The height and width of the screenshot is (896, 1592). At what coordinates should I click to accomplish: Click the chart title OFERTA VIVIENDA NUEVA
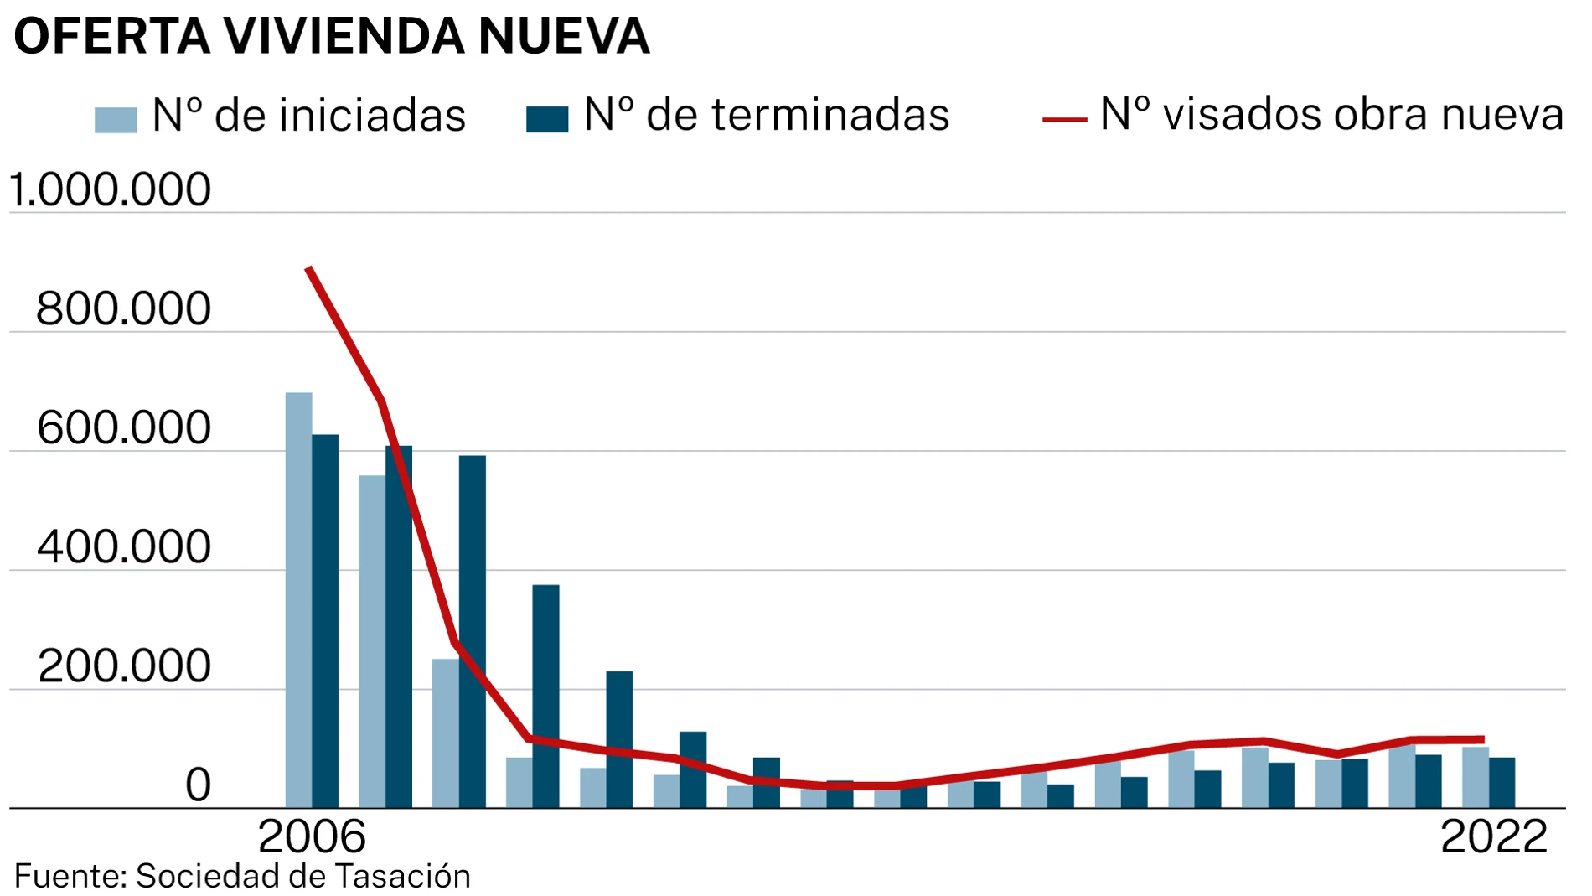[x=332, y=36]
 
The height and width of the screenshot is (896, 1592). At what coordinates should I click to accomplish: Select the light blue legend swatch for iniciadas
[x=115, y=120]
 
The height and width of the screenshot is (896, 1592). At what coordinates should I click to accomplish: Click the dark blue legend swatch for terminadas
[x=546, y=119]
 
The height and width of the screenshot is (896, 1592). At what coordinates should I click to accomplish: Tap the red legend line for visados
[x=1063, y=120]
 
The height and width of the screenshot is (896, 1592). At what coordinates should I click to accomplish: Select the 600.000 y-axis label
[x=123, y=428]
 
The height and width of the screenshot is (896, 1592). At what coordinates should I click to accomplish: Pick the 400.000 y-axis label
[x=123, y=547]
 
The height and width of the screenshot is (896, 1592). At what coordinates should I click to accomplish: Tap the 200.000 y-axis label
[x=123, y=666]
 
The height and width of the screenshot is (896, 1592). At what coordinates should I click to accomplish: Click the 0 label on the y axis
[x=198, y=785]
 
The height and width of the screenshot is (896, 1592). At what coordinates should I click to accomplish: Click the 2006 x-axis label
[x=312, y=836]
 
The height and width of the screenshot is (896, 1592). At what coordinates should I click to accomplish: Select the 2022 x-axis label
[x=1493, y=836]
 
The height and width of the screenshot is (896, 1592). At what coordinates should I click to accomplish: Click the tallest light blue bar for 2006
[x=298, y=599]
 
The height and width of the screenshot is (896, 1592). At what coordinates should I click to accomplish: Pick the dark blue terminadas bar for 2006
[x=325, y=620]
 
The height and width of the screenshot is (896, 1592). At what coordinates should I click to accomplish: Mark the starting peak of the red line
[x=309, y=269]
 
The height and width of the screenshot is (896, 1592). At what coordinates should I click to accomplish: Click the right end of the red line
[x=1481, y=739]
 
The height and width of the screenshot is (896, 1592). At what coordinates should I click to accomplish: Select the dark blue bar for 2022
[x=1502, y=782]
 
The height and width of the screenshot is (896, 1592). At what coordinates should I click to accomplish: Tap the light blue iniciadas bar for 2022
[x=1475, y=777]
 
